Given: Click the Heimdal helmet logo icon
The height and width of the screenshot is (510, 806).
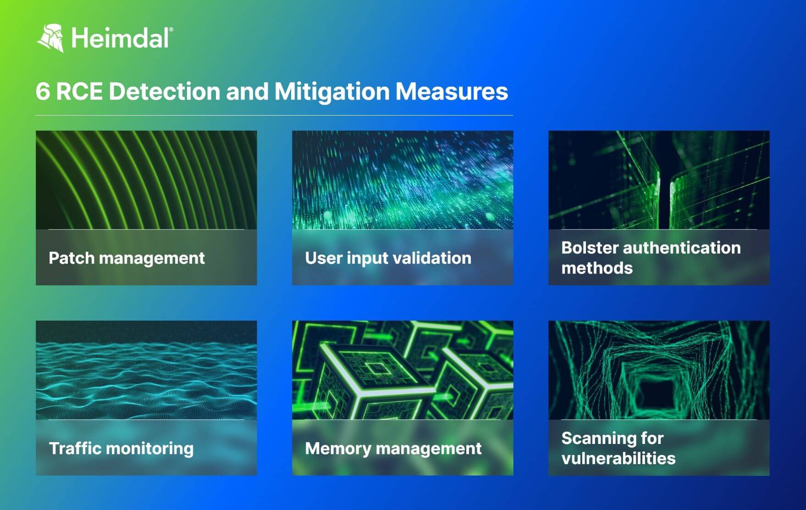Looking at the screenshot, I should (x=50, y=38).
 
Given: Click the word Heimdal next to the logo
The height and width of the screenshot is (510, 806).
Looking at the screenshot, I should (x=121, y=38).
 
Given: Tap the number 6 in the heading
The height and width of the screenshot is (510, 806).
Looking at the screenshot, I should (x=42, y=91).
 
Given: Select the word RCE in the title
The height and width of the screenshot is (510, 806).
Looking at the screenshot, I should (x=79, y=91).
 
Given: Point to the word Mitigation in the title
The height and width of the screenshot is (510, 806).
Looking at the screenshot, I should (x=332, y=91).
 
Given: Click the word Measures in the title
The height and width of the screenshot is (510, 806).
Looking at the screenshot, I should (x=452, y=91).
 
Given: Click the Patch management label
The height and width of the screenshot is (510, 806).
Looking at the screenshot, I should (x=127, y=258).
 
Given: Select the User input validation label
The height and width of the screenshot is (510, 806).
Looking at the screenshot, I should (x=388, y=258).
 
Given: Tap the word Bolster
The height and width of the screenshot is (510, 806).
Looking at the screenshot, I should (x=589, y=248).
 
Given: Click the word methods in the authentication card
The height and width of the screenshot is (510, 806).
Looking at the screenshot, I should (x=597, y=268).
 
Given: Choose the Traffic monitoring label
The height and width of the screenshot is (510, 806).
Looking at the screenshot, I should (x=121, y=448).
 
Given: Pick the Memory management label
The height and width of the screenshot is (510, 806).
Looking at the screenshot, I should (x=393, y=448).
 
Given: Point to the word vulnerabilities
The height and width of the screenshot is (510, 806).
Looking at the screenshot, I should (x=618, y=458).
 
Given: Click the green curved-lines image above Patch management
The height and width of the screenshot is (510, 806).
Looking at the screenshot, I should (x=146, y=180).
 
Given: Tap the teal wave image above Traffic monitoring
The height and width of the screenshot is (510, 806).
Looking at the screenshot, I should (x=146, y=370).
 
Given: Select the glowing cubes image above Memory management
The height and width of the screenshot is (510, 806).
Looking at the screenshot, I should (x=403, y=370).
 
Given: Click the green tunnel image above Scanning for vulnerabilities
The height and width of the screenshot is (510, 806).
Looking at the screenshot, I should (x=659, y=370).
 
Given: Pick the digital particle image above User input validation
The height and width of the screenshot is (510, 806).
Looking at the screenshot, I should (x=403, y=180).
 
